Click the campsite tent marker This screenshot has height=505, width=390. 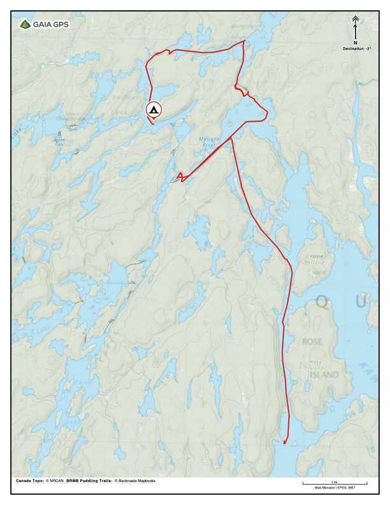point(154,110)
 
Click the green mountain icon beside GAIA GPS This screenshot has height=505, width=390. point(25,25)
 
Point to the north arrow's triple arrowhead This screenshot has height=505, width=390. point(356,20)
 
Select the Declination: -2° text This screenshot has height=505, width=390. point(356,48)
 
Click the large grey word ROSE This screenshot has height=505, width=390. point(312,342)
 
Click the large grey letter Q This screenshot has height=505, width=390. point(323,303)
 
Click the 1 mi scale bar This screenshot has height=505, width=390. point(335,484)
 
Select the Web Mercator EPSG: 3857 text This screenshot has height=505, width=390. point(335,488)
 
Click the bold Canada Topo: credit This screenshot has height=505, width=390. point(30,480)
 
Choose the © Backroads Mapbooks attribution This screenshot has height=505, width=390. point(135,480)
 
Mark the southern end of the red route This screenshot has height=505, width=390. point(284,443)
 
